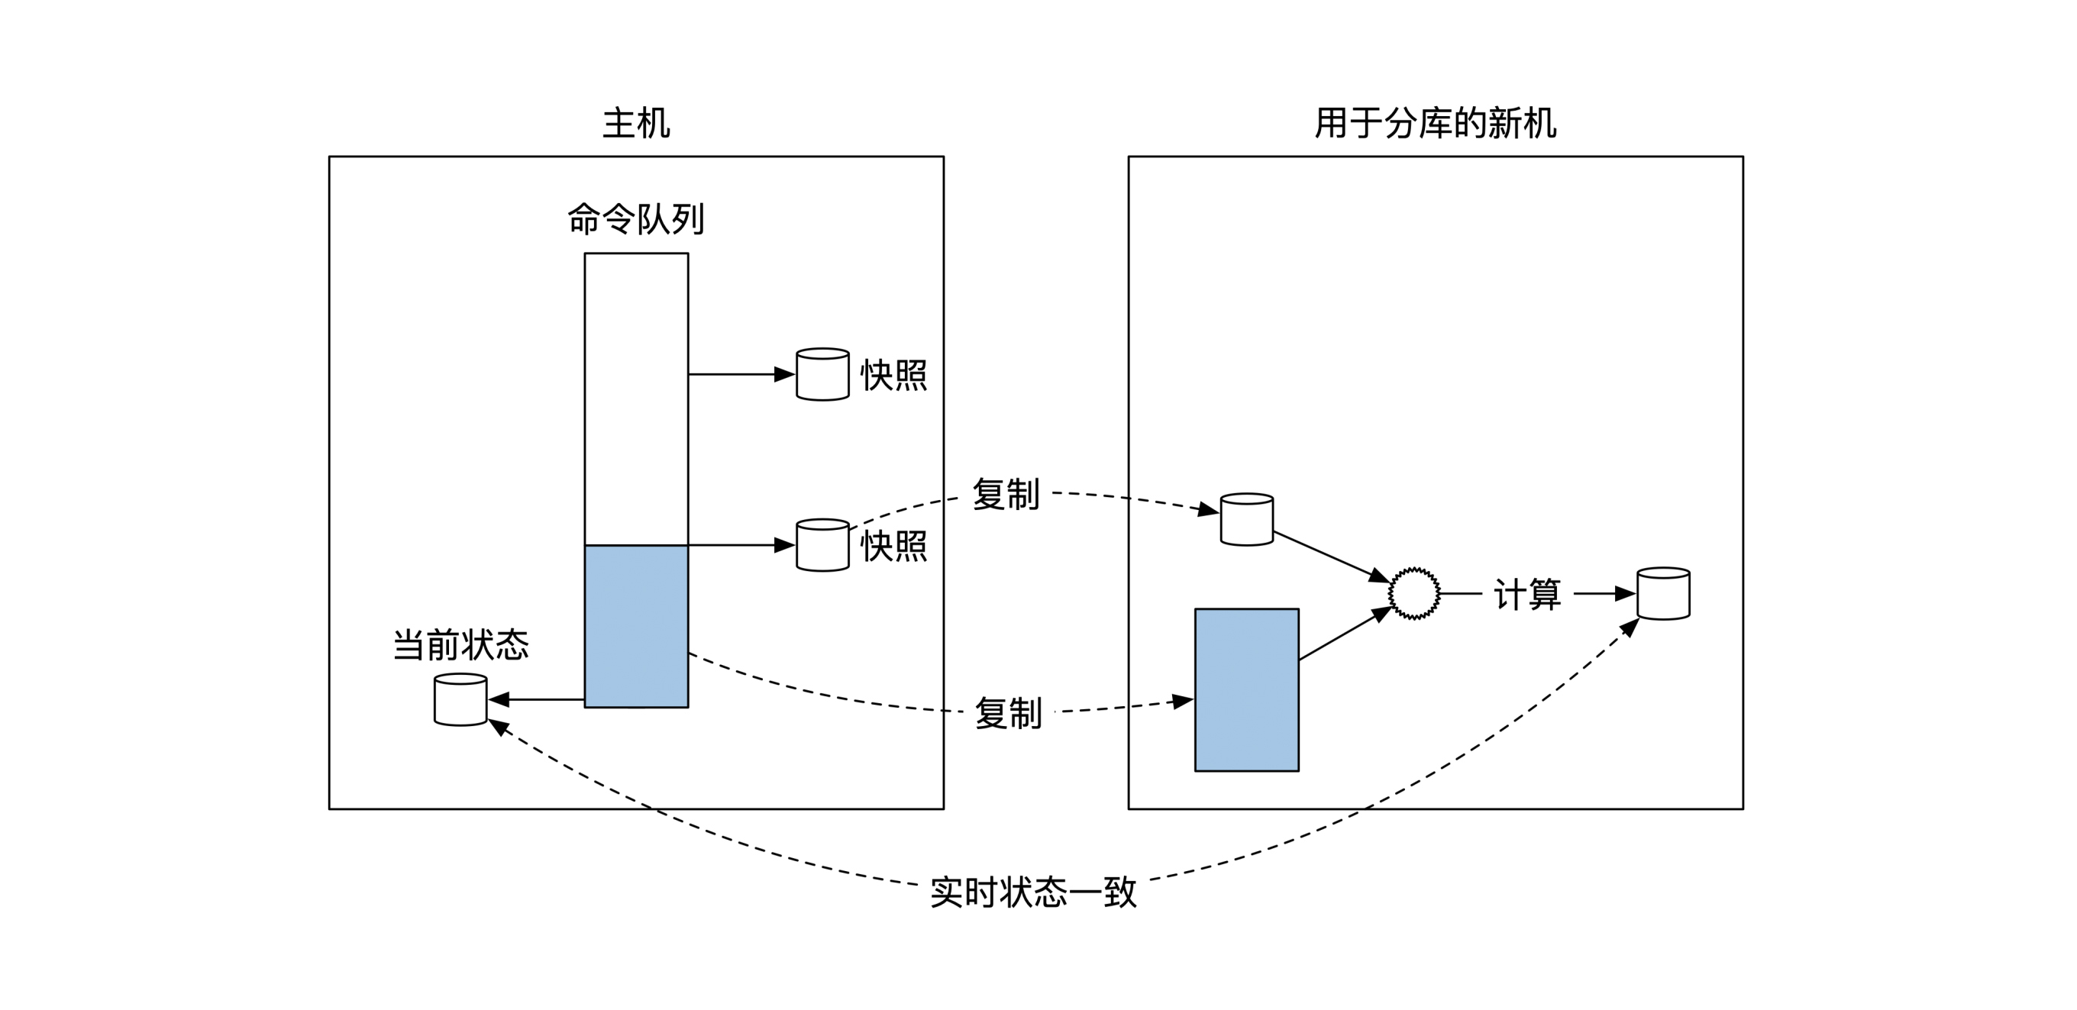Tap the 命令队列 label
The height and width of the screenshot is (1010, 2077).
tap(636, 219)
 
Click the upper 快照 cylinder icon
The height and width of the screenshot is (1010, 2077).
tap(822, 375)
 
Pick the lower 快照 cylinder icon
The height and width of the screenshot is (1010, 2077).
tap(822, 546)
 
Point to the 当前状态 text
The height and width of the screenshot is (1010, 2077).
tap(460, 646)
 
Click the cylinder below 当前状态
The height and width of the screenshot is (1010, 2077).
tap(460, 701)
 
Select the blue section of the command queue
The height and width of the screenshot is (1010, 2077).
tap(636, 626)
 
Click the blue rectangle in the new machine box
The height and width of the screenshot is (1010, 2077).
tap(1246, 690)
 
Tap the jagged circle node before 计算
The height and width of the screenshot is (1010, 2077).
tap(1414, 594)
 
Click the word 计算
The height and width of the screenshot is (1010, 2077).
tap(1527, 595)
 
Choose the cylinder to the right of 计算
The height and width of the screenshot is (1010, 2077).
tap(1663, 594)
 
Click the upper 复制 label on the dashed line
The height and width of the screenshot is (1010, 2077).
tap(1006, 494)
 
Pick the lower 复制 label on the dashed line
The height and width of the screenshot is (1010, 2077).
tap(1008, 713)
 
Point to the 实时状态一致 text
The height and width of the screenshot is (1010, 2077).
tap(1033, 892)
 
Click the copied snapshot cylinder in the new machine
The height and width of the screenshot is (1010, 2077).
tap(1246, 520)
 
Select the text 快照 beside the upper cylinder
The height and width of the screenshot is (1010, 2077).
tap(893, 376)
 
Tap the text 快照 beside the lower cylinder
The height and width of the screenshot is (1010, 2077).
tap(893, 547)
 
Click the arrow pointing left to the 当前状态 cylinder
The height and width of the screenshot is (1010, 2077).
tap(537, 699)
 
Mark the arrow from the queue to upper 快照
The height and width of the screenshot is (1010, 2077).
tap(741, 374)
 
